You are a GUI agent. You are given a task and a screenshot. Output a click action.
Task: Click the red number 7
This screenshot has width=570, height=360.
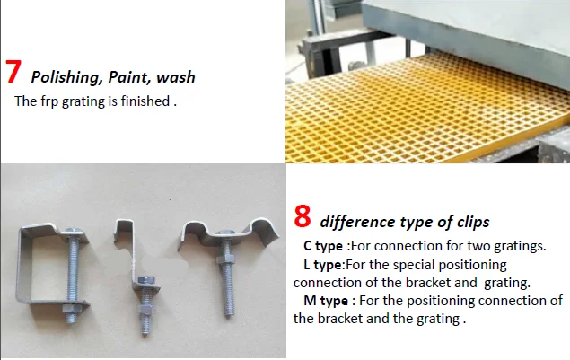pos(14,73)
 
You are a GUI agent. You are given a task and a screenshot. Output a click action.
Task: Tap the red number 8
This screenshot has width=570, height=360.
pos(303,216)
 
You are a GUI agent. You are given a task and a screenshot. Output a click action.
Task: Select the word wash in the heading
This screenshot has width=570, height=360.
pos(176,77)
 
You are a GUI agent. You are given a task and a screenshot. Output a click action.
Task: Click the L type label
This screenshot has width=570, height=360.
pos(323,265)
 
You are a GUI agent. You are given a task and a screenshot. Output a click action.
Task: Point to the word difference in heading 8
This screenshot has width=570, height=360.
pos(356,222)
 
